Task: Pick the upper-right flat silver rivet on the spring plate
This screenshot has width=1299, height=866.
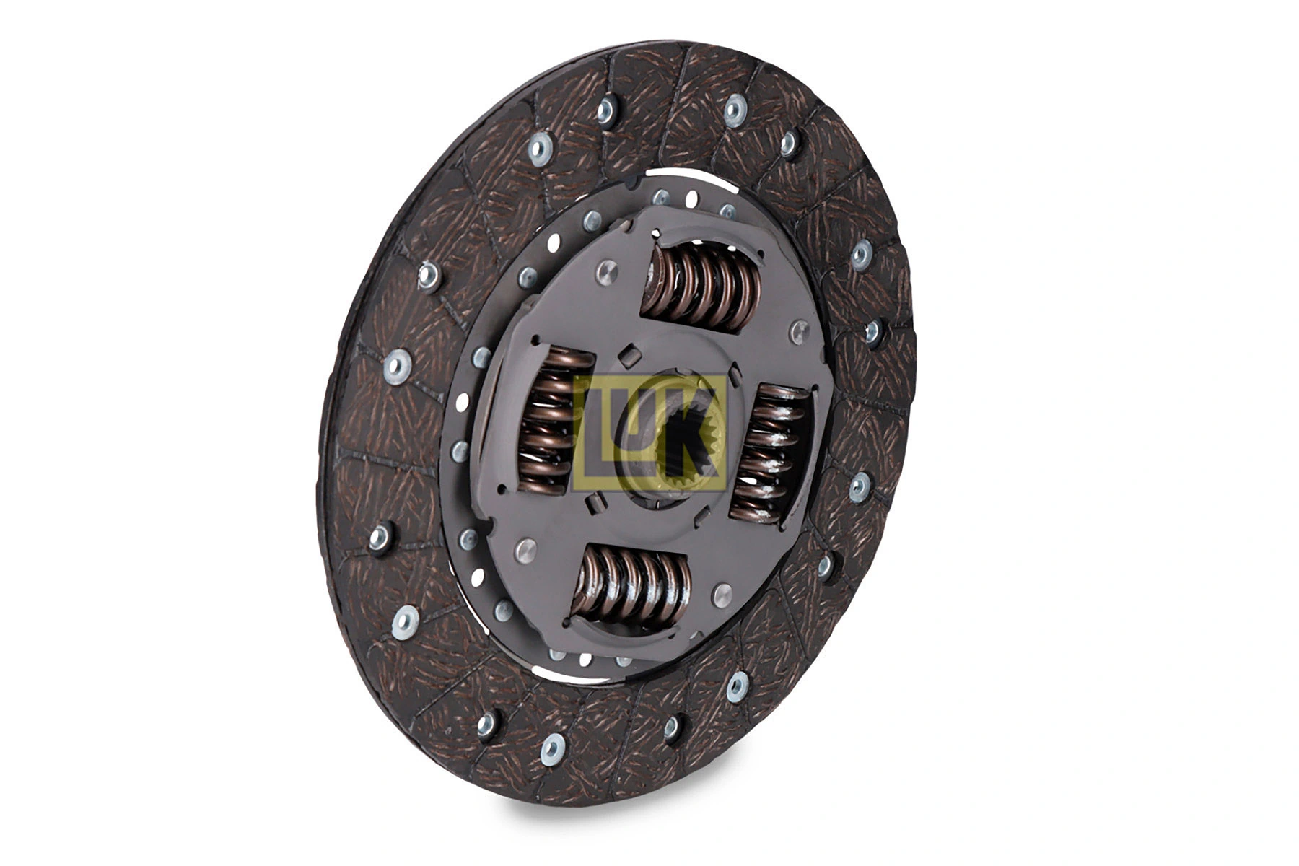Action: click(x=799, y=333)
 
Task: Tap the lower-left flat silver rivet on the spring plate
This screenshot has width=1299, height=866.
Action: click(x=525, y=550)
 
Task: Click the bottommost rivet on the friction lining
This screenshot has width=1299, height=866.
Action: click(x=552, y=750)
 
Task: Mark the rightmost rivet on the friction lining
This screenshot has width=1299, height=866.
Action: click(x=873, y=332)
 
